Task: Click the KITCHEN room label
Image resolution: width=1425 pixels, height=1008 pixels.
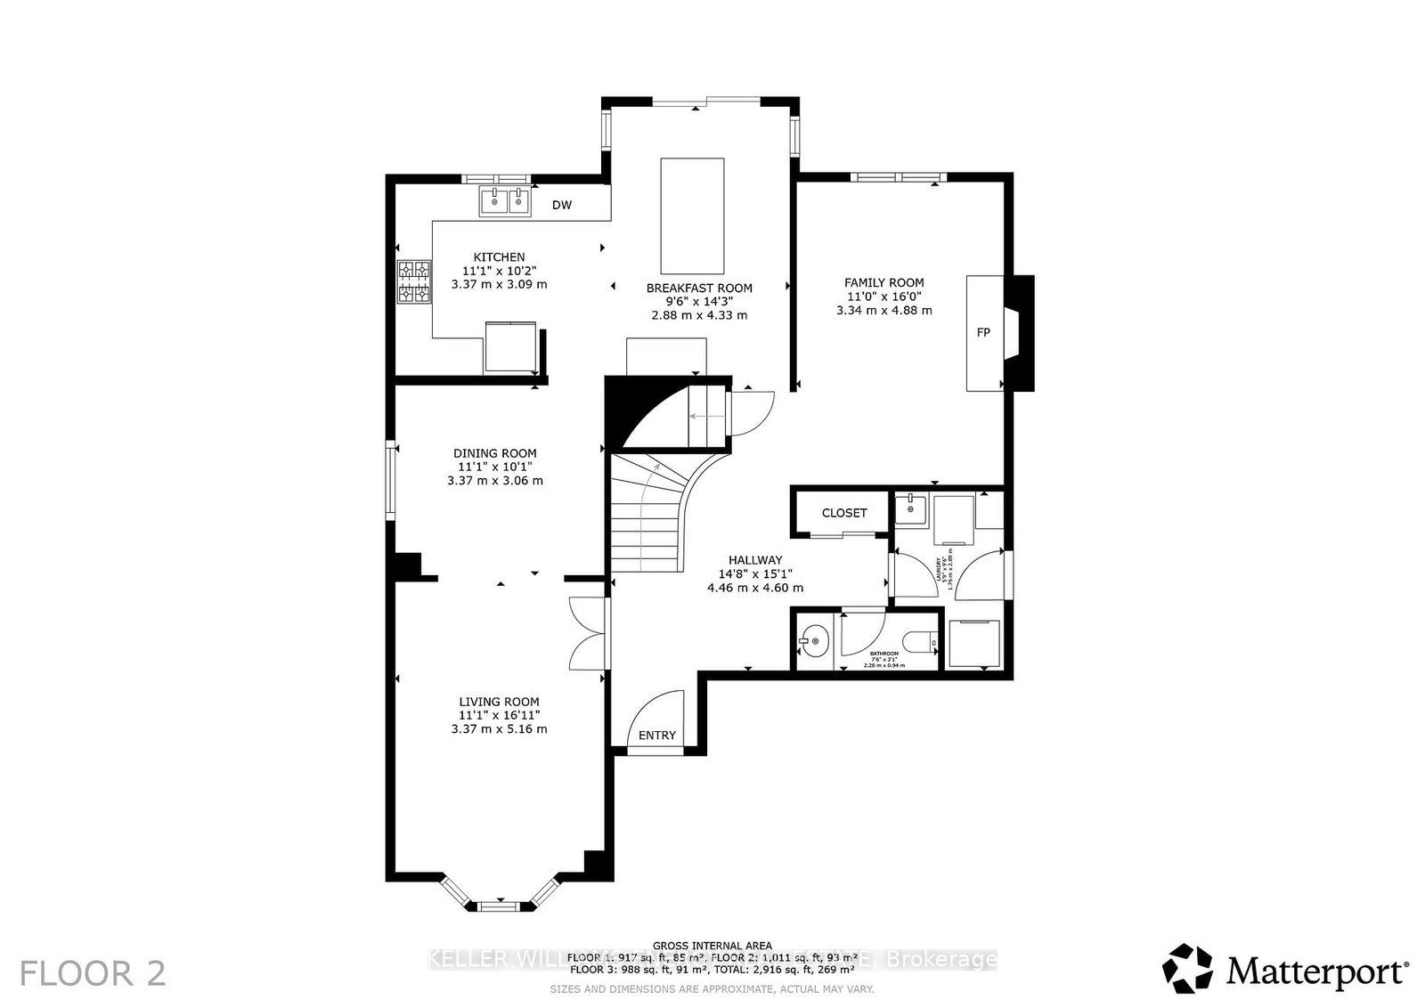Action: (x=499, y=257)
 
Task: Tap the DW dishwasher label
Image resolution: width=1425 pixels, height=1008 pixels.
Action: (x=561, y=206)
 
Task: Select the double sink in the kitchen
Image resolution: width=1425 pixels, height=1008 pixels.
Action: (x=505, y=201)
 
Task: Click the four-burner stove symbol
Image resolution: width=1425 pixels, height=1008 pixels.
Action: (x=414, y=281)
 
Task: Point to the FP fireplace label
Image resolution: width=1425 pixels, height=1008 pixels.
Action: (x=983, y=333)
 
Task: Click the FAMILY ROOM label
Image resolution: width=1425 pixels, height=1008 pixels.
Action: (x=883, y=283)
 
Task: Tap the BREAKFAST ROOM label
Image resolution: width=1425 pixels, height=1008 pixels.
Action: (x=699, y=289)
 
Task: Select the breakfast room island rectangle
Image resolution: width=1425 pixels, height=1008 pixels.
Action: (x=692, y=215)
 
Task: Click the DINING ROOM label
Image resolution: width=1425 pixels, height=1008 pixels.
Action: (x=495, y=453)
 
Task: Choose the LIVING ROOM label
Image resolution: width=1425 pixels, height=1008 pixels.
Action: (x=499, y=702)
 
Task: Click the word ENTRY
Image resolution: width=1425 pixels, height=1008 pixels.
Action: (x=657, y=736)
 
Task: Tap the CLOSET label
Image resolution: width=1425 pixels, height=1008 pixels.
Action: (x=843, y=513)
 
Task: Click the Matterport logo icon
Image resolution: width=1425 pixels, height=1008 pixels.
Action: (x=1188, y=968)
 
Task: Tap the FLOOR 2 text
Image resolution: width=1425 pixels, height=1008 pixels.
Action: (x=93, y=972)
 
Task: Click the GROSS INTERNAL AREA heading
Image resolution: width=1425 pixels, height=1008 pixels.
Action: (x=712, y=946)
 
